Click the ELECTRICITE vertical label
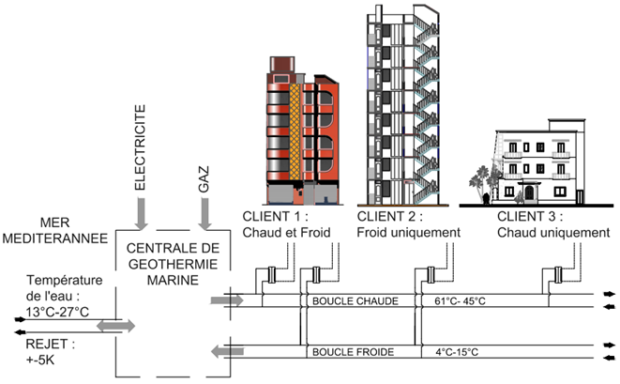tap(140, 151)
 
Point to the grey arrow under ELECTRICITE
tap(140, 212)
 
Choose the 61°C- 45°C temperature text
tap(460, 301)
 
